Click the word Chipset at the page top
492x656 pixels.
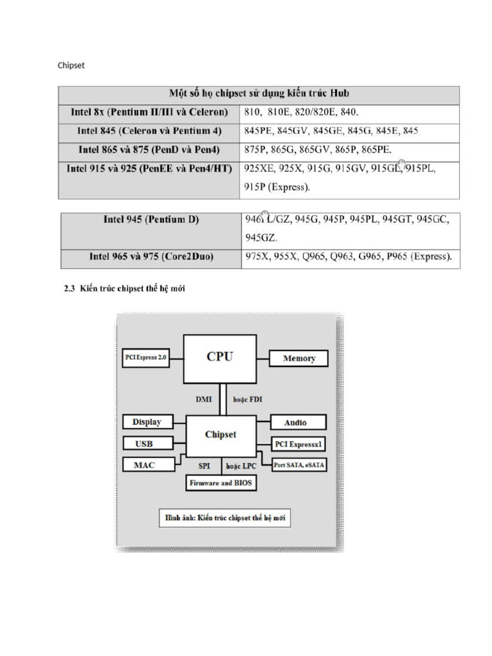pos(71,65)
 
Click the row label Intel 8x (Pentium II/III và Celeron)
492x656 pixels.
pos(149,111)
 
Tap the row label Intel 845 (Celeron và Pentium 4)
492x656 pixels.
pos(149,131)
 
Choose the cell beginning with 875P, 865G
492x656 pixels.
pos(317,149)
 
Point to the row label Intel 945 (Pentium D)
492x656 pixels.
pos(151,219)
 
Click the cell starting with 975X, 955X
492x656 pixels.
pos(348,257)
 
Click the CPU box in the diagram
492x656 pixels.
pos(220,358)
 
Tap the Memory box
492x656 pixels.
pos(299,358)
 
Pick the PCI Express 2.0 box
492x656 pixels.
pos(145,358)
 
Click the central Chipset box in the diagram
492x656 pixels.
pos(220,434)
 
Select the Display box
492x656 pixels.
pos(147,422)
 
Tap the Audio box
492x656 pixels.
pos(295,423)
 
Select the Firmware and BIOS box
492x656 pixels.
pos(220,483)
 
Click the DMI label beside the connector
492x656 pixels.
pos(204,398)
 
